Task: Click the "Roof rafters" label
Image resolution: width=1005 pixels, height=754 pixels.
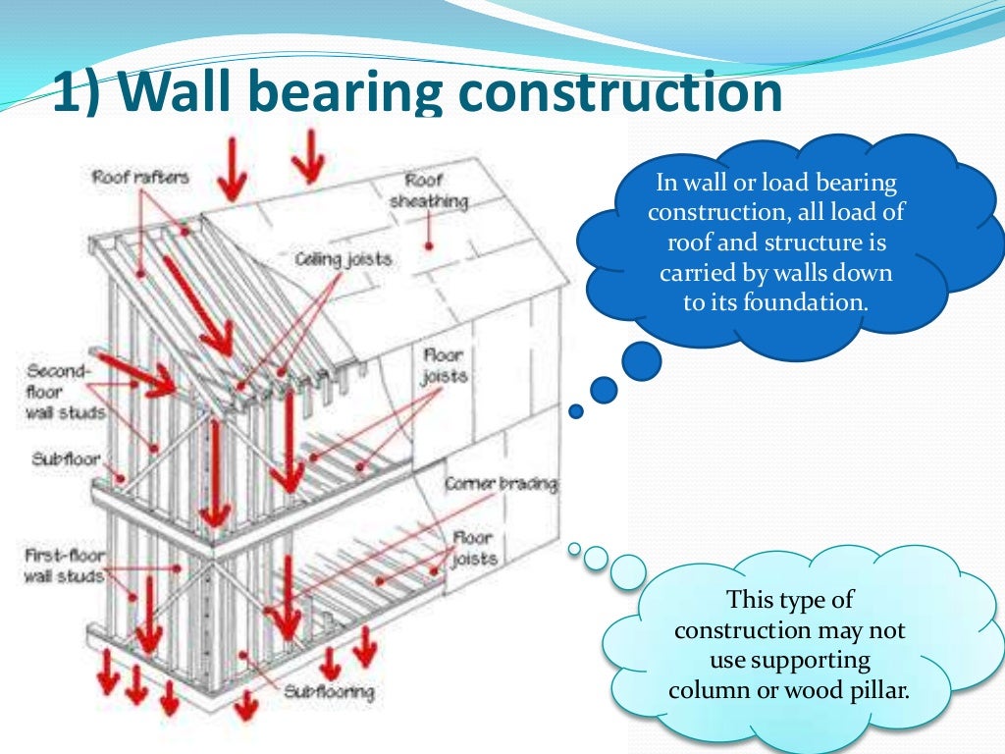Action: coord(139,178)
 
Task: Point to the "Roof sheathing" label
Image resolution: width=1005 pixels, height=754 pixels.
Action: coord(429,190)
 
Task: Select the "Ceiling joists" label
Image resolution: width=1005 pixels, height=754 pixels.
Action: coord(343,259)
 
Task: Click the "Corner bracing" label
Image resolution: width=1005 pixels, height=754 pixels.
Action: coord(501,484)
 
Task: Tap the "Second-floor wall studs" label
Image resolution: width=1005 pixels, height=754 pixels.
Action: coord(64,392)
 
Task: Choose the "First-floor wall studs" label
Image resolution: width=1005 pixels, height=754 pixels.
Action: coord(64,565)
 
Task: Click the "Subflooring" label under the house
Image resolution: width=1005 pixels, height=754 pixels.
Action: coord(329,692)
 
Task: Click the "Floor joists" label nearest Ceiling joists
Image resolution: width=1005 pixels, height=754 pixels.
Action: coord(444,365)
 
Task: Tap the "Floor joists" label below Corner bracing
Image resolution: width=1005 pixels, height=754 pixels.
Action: coord(474,549)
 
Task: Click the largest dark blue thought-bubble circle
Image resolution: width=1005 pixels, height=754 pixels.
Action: coord(640,360)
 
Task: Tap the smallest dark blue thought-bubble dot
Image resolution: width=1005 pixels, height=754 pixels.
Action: coord(576,411)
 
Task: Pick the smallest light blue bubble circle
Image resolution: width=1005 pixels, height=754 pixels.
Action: coord(574,548)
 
